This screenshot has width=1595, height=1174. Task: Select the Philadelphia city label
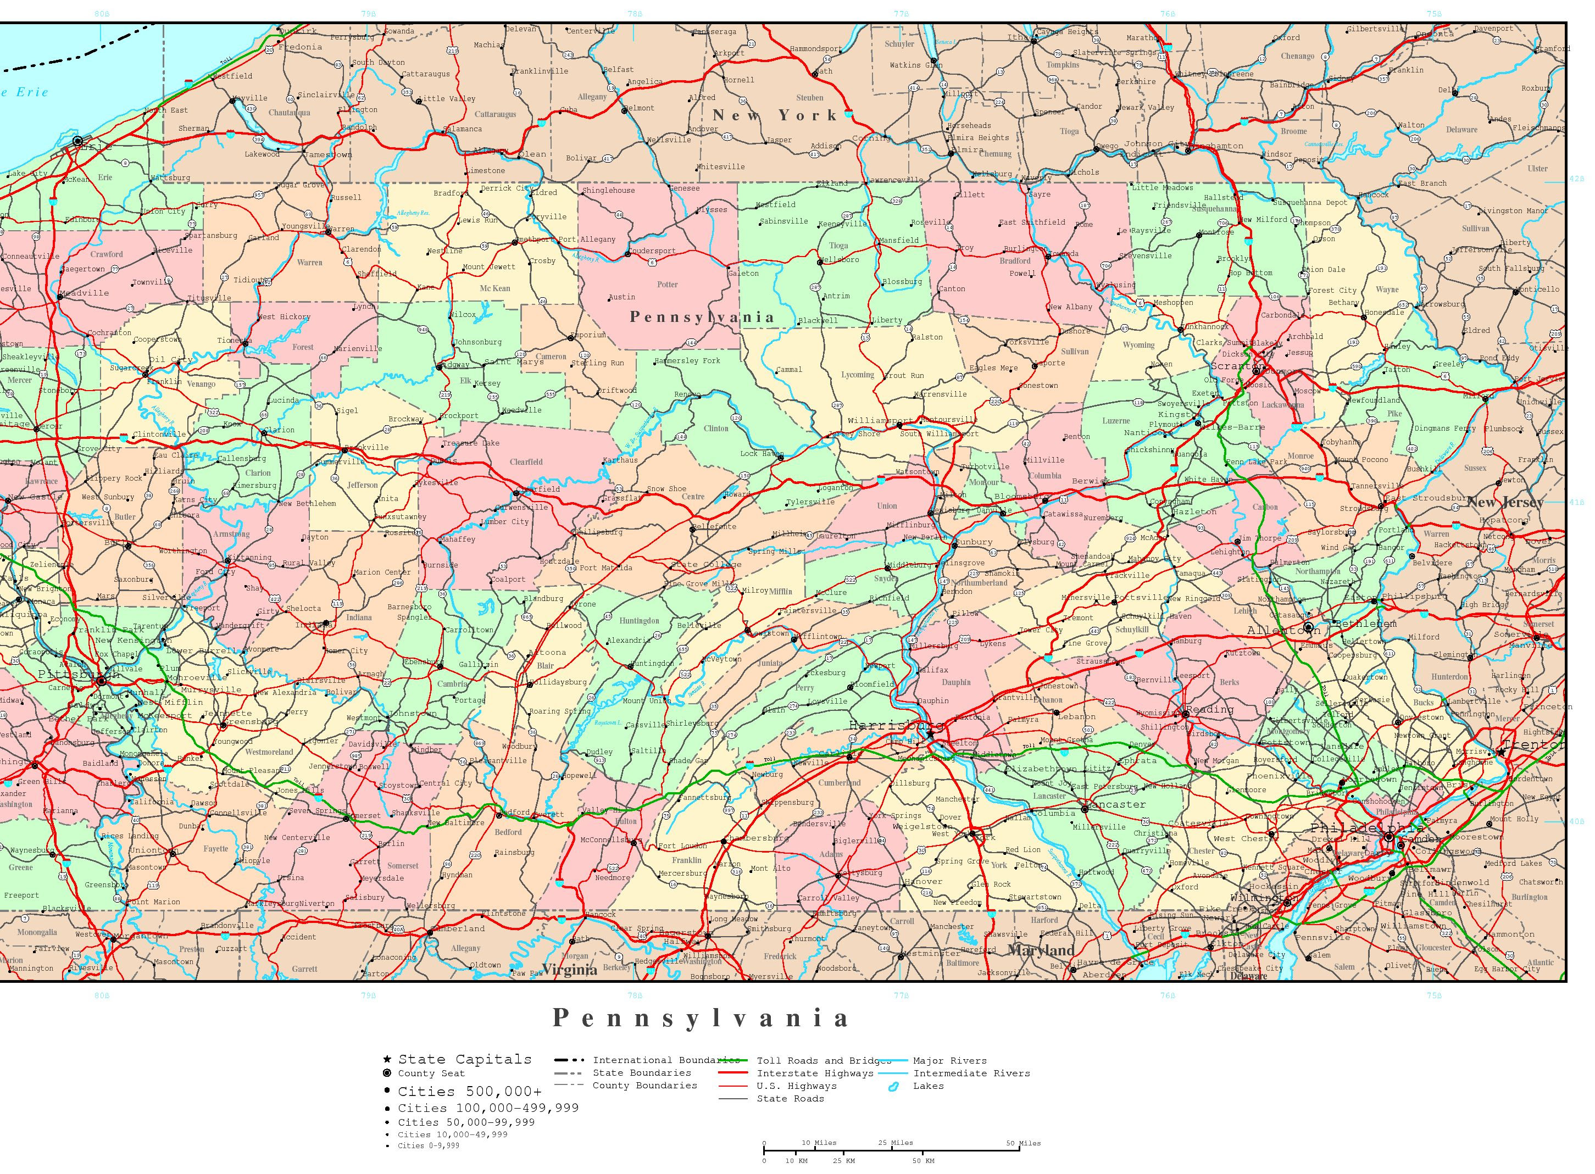pos(1366,827)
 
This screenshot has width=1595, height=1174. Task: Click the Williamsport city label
pos(879,421)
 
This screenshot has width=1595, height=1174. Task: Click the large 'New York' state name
pos(775,115)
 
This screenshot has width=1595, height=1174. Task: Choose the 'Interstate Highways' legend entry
pos(815,1073)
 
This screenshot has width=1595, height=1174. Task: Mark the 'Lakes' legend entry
pos(929,1086)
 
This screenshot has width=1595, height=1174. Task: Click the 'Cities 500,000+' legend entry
pos(469,1092)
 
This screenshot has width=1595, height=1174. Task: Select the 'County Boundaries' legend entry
pos(644,1085)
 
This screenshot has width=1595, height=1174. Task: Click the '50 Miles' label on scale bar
pos(1023,1143)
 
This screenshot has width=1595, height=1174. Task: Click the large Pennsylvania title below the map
pos(701,1017)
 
